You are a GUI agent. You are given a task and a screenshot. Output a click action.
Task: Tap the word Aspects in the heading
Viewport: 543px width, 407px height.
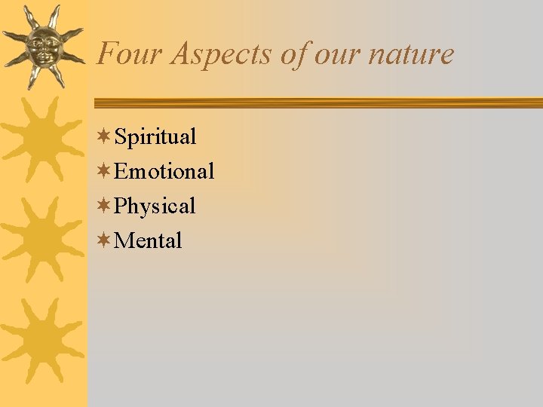pyautogui.click(x=204, y=54)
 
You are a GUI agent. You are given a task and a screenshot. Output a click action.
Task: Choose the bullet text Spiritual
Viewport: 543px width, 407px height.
pyautogui.click(x=155, y=137)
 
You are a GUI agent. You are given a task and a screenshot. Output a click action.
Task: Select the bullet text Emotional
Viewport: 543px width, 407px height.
pyautogui.click(x=164, y=172)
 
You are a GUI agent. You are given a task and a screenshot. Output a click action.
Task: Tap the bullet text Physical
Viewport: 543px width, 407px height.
pyautogui.click(x=155, y=207)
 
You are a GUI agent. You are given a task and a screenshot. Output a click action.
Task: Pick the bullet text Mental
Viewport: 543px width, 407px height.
pyautogui.click(x=148, y=241)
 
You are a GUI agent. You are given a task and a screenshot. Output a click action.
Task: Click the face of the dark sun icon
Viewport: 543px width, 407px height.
pyautogui.click(x=42, y=47)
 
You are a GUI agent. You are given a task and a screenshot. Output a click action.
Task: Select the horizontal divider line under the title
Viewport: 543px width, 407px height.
pyautogui.click(x=317, y=103)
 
